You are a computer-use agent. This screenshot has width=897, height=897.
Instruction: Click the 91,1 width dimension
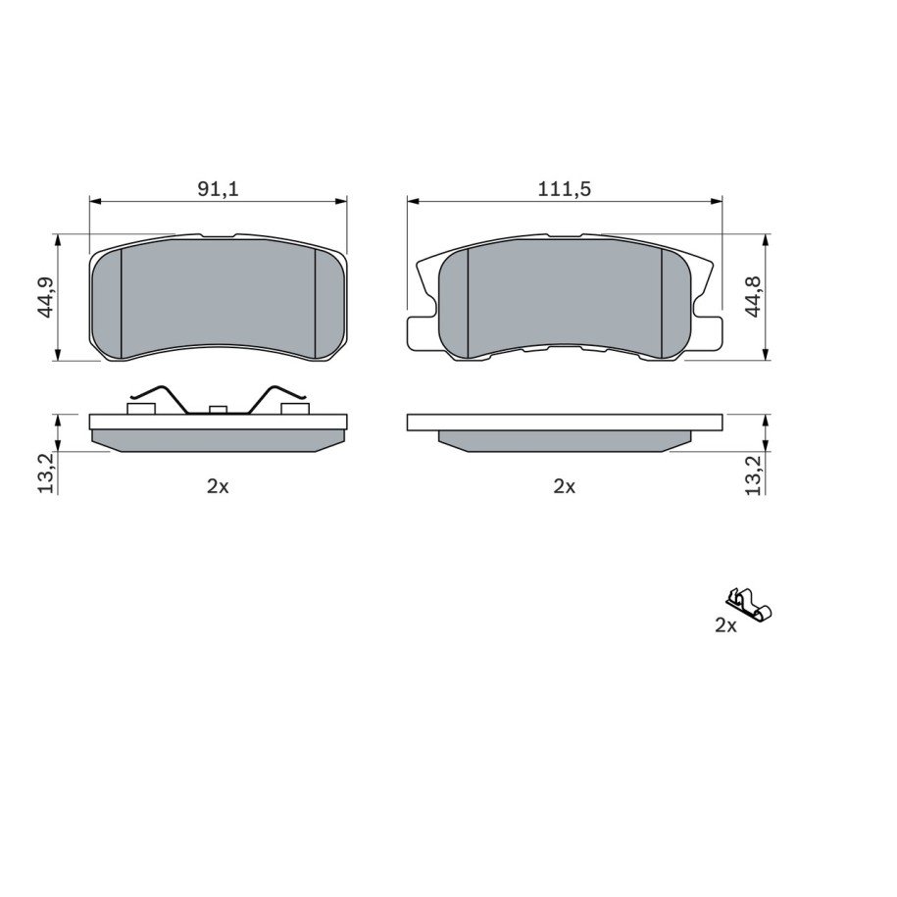coord(218,188)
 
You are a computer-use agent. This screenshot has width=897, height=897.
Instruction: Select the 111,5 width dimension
coord(564,188)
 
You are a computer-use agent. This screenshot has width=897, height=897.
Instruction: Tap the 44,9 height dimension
coord(46,297)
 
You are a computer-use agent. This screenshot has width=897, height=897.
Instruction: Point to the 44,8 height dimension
coord(754,296)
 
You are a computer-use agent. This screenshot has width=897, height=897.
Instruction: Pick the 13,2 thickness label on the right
coord(754,474)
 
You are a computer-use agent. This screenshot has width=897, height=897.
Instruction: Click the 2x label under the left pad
coord(218,487)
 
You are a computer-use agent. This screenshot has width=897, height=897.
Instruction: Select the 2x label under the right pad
coord(564,487)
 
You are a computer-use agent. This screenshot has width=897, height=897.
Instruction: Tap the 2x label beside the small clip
coord(725,625)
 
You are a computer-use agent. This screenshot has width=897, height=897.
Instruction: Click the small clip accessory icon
coord(749,605)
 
